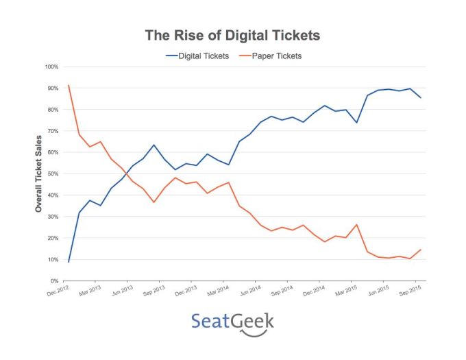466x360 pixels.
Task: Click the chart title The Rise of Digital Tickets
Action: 232,35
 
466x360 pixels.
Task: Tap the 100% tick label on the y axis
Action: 51,67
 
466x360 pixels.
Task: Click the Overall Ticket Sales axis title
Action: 39,173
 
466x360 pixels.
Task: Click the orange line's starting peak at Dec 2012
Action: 69,86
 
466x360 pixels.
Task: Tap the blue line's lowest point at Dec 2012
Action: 69,262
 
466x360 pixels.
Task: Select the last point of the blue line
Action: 421,98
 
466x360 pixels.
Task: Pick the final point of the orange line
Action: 421,250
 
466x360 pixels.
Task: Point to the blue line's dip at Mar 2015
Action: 356,122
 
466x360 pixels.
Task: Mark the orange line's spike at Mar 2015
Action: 356,224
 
